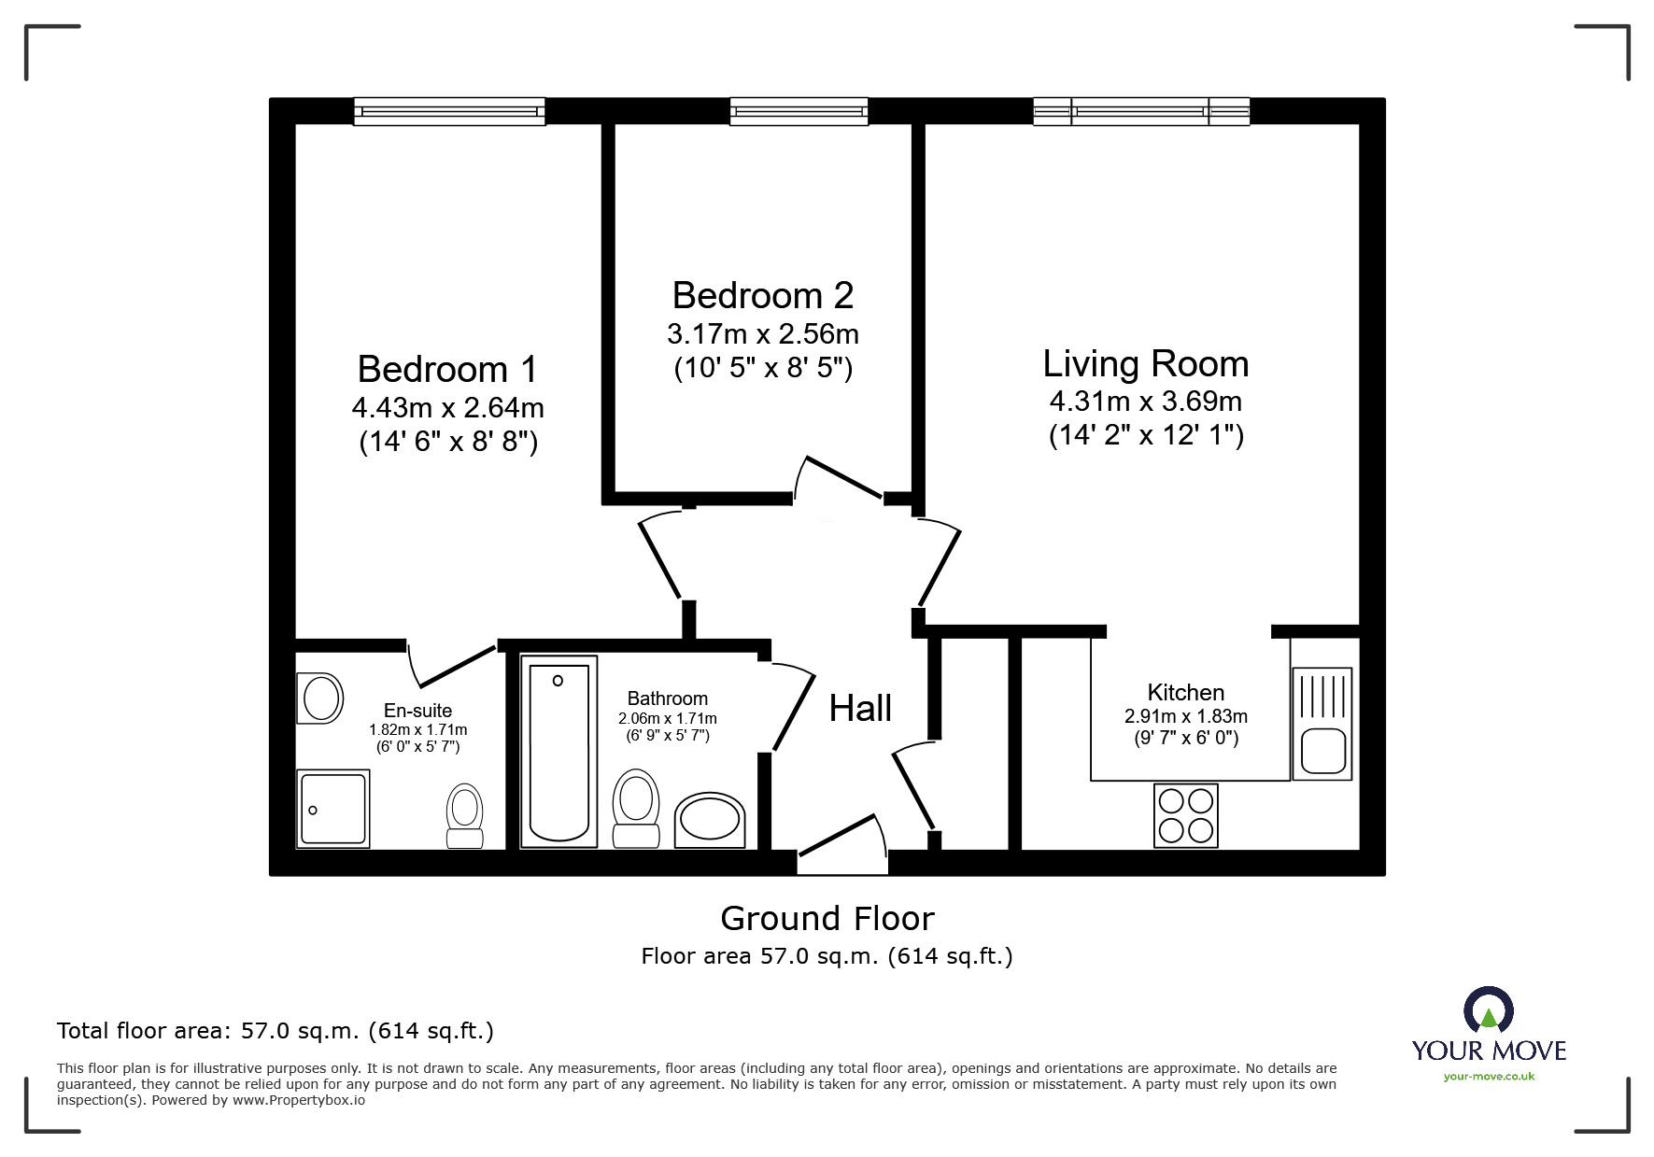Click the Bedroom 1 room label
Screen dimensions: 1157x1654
pos(447,370)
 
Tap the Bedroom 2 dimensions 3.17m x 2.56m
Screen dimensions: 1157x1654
pos(762,334)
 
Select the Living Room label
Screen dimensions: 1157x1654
pos(1145,364)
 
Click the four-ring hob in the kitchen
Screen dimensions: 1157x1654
pos(1185,815)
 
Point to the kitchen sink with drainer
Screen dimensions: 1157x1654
pos(1322,724)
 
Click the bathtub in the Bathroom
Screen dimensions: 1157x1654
pos(558,751)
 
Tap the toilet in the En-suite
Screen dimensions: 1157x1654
pos(464,814)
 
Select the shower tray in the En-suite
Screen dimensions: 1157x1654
pos(332,809)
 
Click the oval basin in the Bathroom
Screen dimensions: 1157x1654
pos(709,822)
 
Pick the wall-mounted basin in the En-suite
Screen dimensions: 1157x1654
pos(320,698)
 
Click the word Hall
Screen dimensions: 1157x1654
pos(860,709)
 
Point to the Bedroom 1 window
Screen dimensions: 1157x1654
pos(448,112)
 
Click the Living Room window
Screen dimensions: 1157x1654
pos(1140,112)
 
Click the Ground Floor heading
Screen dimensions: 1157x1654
pos(827,919)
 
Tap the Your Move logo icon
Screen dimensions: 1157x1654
pos(1488,1011)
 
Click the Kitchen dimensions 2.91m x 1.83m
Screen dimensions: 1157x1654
pos(1185,717)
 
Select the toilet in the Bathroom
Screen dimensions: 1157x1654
pos(635,807)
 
